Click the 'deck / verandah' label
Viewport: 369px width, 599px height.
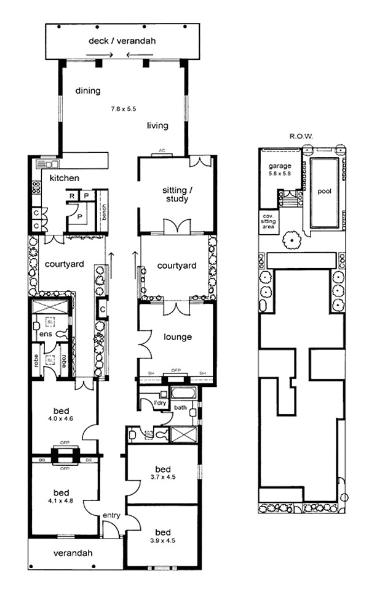click(x=122, y=41)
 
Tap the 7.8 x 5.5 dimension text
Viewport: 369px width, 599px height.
click(x=123, y=108)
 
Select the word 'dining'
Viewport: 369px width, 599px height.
click(x=88, y=91)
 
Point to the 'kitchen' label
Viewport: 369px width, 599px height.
click(x=65, y=178)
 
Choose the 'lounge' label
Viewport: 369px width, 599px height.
click(x=178, y=337)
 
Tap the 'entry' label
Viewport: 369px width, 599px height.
click(x=111, y=515)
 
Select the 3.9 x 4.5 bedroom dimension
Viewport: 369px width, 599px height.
click(x=163, y=540)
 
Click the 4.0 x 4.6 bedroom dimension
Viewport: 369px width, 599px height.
click(x=61, y=419)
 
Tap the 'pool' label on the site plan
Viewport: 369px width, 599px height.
click(x=324, y=191)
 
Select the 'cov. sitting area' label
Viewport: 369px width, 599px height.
click(x=268, y=221)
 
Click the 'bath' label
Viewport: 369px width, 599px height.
click(x=180, y=407)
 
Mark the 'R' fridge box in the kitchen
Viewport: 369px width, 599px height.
click(x=72, y=196)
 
